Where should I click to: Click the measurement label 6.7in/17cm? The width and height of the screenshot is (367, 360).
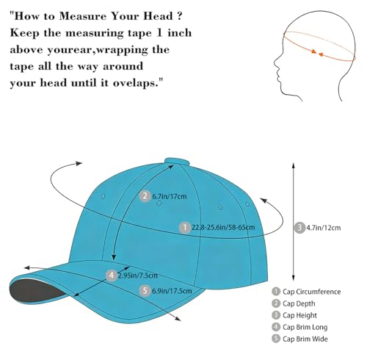point(170,196)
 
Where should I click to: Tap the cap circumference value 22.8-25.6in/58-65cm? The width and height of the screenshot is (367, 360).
point(223,228)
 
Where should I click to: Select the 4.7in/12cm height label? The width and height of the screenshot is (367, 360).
point(324,228)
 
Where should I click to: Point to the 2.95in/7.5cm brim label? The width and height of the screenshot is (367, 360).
point(138,276)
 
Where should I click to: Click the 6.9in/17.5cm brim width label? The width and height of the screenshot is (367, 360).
point(172,291)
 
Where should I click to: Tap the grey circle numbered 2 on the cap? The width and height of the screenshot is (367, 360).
point(145,196)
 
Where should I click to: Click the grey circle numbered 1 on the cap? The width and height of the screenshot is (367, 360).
point(185,228)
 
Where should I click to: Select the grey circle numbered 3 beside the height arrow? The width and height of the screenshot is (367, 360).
point(299,228)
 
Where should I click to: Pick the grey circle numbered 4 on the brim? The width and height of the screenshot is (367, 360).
point(112,276)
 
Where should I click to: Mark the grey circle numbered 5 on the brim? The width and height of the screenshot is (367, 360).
point(145,291)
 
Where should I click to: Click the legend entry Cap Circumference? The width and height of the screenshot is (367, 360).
point(306,292)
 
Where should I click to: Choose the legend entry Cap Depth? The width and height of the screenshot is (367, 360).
point(294,303)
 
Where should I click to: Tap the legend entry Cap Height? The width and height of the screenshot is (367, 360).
point(294,315)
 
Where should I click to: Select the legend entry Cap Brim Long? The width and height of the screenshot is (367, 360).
point(299,327)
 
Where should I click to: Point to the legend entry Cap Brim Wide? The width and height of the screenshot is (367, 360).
point(299,339)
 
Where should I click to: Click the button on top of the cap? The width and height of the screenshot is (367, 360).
point(177,161)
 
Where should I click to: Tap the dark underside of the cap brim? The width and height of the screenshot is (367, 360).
point(34,292)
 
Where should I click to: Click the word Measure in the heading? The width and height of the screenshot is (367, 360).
point(83,16)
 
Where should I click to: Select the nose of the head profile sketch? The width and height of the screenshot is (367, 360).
point(276,64)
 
